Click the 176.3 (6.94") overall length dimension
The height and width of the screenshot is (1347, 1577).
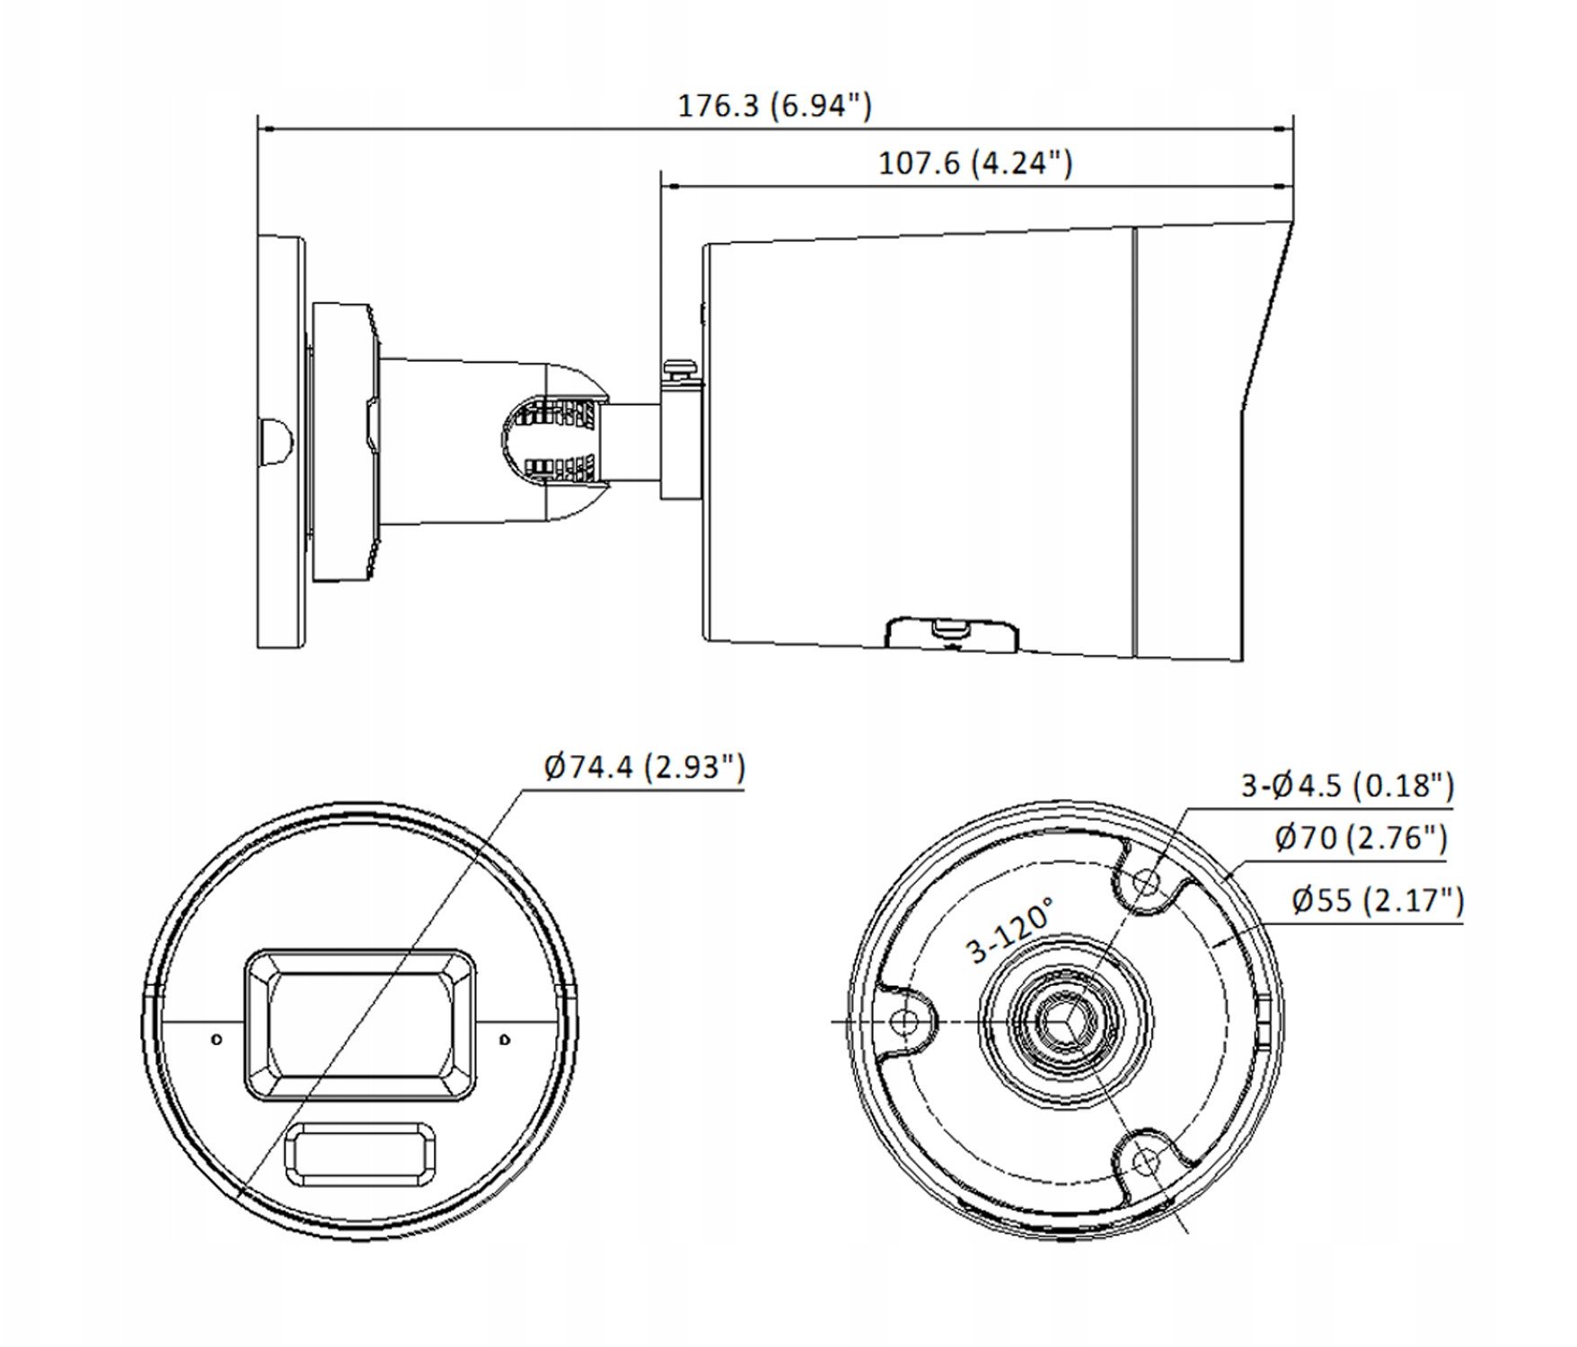(774, 106)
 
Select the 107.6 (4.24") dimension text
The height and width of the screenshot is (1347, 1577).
(974, 163)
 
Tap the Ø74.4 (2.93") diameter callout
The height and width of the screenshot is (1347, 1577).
(645, 767)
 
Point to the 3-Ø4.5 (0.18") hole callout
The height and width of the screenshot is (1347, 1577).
(1347, 786)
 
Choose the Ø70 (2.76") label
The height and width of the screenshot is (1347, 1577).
(1361, 839)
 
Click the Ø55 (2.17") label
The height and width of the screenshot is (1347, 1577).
(1378, 900)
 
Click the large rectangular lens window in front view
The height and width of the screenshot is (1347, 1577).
(360, 1025)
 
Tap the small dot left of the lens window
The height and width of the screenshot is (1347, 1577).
(216, 1039)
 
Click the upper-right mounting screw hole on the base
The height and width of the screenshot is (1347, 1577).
(1146, 882)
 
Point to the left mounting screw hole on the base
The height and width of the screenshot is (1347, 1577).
(907, 1022)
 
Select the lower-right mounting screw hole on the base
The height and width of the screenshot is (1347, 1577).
(1145, 1162)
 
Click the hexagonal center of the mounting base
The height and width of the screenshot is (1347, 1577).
(1065, 1022)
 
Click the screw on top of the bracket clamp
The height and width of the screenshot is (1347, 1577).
(681, 367)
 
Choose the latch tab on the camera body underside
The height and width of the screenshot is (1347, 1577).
(952, 632)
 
